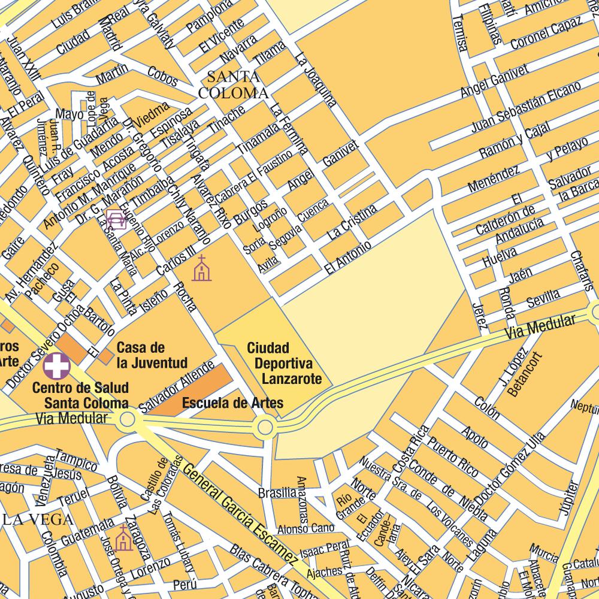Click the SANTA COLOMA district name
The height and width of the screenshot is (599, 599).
(233, 85)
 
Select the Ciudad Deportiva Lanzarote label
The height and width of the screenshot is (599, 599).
(284, 364)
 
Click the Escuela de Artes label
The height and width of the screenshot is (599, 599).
(232, 403)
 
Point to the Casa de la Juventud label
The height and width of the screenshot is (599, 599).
(152, 355)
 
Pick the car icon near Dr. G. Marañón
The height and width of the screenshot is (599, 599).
(115, 219)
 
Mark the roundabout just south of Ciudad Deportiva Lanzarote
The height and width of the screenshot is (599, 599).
(264, 428)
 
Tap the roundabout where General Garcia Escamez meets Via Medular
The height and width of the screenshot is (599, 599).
(127, 419)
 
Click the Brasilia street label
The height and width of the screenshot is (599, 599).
(277, 493)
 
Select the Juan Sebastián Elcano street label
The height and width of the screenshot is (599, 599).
(526, 107)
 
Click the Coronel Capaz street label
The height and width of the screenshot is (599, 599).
(546, 34)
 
